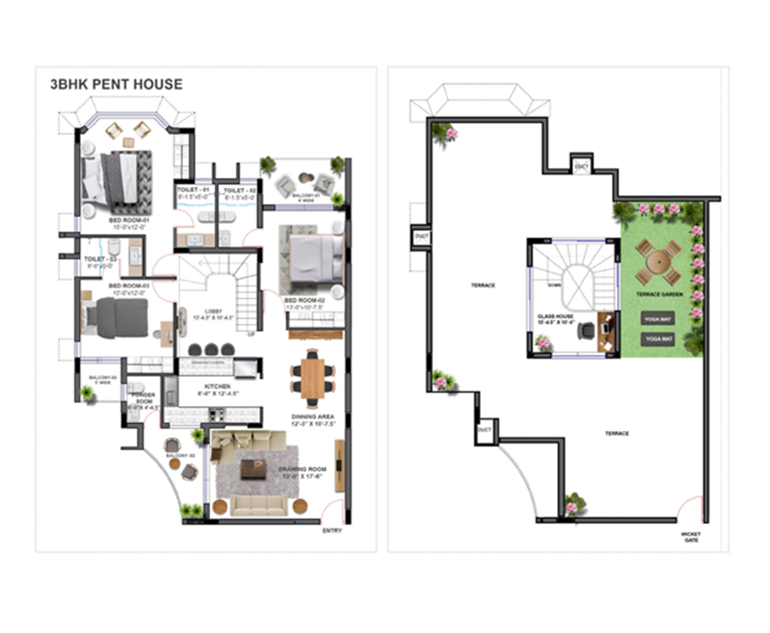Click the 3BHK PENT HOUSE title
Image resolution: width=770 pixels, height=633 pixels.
tap(116, 84)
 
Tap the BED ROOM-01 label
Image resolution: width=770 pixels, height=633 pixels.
tap(129, 221)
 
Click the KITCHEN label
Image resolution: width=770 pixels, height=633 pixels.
tap(217, 386)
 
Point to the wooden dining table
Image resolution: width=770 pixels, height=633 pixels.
tap(313, 378)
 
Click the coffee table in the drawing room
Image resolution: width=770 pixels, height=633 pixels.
tap(253, 469)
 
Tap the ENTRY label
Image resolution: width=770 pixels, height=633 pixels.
tap(332, 530)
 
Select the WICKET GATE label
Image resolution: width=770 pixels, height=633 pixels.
tap(691, 537)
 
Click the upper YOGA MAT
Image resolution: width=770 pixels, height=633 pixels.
tap(657, 319)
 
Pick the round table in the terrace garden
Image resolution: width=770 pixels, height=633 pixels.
tap(659, 262)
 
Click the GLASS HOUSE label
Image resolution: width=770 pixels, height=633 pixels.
tap(555, 316)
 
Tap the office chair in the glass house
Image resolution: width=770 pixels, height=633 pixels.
tap(586, 331)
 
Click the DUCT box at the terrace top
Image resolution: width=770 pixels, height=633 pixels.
tap(581, 166)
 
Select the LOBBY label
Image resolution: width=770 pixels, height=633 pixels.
tap(213, 311)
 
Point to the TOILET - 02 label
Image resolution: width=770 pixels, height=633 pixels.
tap(239, 191)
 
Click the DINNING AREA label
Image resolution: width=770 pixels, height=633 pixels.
tap(312, 417)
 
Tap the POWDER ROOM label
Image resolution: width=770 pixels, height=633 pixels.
tap(144, 398)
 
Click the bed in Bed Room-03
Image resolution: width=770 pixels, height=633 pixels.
tap(116, 317)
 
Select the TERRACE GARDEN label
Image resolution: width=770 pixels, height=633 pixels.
tap(659, 294)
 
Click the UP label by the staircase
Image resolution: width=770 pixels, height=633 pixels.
tap(251, 334)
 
